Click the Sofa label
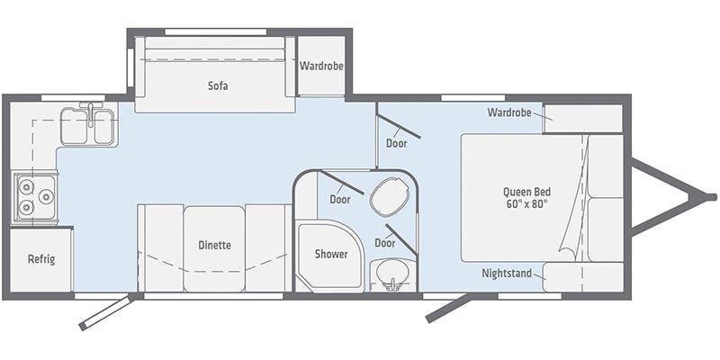tap(216, 87)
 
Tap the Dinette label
tap(214, 245)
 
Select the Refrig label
tap(41, 260)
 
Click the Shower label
tap(331, 254)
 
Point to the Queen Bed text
tap(527, 192)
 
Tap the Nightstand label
tap(506, 273)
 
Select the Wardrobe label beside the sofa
tap(321, 66)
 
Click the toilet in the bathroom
tap(389, 196)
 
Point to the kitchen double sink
tap(87, 126)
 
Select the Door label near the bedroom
tap(397, 143)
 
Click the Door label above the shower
tap(339, 199)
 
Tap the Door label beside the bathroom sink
tap(385, 243)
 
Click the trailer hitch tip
tap(711, 196)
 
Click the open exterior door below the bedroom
tap(450, 307)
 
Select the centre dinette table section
tap(214, 247)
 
